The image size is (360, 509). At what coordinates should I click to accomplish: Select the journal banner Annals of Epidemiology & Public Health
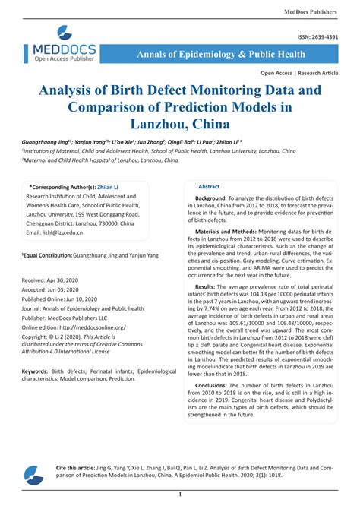[222, 55]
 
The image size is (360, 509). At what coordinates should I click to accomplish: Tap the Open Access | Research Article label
[299, 73]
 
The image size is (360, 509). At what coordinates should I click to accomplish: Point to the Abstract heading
[209, 186]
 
